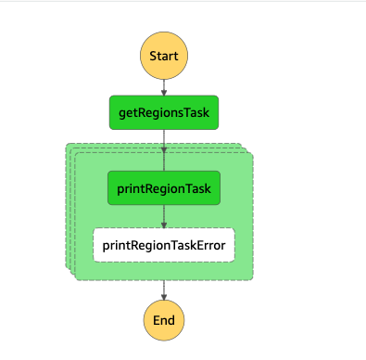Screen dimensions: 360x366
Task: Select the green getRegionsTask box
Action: pos(164,112)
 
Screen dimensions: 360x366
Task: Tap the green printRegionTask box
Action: pos(164,189)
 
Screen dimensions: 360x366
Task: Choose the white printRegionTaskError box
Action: pos(164,245)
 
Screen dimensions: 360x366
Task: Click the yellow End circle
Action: pos(164,320)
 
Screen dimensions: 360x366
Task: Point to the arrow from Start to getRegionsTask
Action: pos(164,85)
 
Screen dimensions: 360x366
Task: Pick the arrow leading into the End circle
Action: pos(164,289)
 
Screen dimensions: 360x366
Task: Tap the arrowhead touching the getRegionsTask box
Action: pos(164,92)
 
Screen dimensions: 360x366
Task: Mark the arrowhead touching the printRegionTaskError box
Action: pos(164,225)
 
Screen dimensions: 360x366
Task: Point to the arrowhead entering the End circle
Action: pos(164,297)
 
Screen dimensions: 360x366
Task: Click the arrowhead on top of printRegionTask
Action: pos(164,168)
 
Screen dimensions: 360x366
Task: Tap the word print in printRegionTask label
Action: pos(131,189)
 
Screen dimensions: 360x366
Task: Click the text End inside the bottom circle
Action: pos(164,320)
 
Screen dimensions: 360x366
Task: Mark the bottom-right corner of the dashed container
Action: pos(253,278)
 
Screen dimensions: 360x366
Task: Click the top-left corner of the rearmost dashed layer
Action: pos(67,144)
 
